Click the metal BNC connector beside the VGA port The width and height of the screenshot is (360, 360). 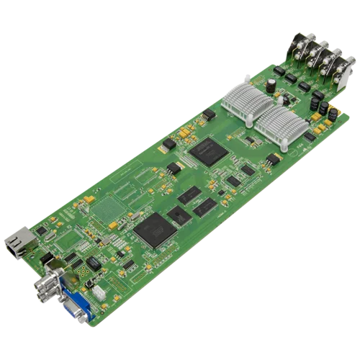pos(52,284)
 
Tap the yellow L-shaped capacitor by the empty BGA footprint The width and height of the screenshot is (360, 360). pos(89,196)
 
